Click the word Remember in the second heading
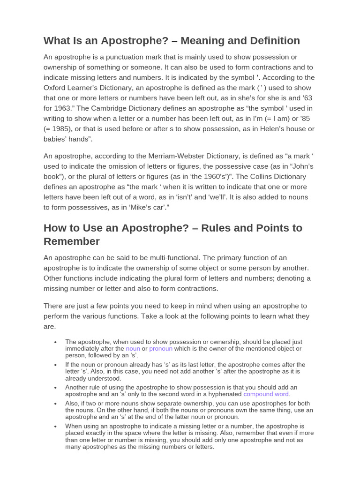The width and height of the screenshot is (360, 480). (x=72, y=241)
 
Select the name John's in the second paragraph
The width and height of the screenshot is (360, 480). (x=300, y=166)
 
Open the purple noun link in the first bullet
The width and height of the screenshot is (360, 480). (x=133, y=349)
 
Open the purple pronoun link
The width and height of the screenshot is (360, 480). (x=161, y=349)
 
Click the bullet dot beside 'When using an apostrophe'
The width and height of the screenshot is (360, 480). (x=56, y=427)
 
